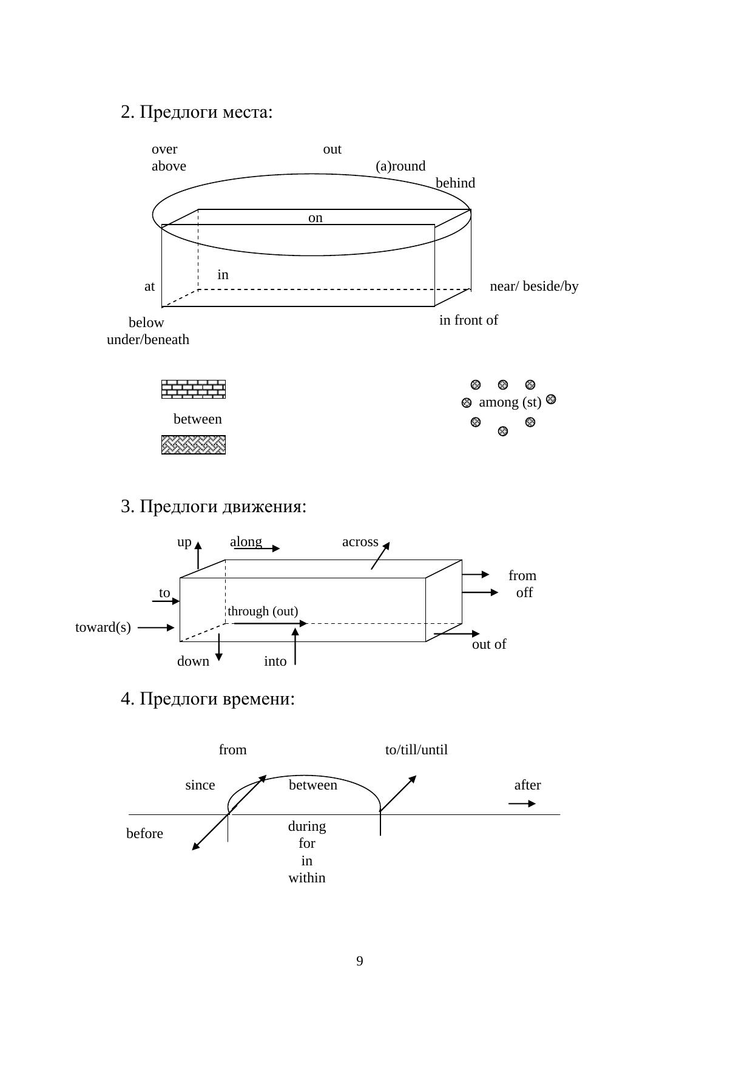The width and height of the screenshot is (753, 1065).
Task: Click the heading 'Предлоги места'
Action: [x=197, y=112]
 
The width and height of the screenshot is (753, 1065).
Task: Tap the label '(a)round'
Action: [x=400, y=166]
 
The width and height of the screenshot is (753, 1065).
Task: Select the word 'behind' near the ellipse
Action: [x=455, y=183]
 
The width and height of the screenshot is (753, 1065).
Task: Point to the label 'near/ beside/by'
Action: [x=534, y=286]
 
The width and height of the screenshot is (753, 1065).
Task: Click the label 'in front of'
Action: [x=468, y=320]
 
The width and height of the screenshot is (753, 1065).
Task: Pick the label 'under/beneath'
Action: [x=148, y=340]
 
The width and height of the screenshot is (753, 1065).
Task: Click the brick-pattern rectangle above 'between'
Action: [x=194, y=389]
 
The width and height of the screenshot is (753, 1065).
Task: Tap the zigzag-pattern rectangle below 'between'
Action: [x=194, y=445]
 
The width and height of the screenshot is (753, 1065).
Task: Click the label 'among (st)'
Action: [x=510, y=402]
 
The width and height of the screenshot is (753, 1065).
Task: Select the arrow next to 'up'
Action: [x=198, y=555]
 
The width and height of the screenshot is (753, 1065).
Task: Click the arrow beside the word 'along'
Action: [x=257, y=549]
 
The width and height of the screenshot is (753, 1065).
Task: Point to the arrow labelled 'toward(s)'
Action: [x=156, y=628]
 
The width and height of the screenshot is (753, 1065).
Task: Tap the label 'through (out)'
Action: [x=263, y=611]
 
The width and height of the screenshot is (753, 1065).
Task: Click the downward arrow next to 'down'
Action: [x=219, y=647]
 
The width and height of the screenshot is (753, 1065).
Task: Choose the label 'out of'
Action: [x=488, y=644]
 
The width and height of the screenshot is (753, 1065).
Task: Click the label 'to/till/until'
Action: [x=416, y=750]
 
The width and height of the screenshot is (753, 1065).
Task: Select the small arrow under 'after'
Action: [x=522, y=803]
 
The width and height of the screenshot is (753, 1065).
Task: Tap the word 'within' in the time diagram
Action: [x=307, y=878]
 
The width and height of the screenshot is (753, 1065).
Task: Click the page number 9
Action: [x=360, y=961]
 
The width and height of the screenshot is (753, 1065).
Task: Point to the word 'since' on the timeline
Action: [x=200, y=785]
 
